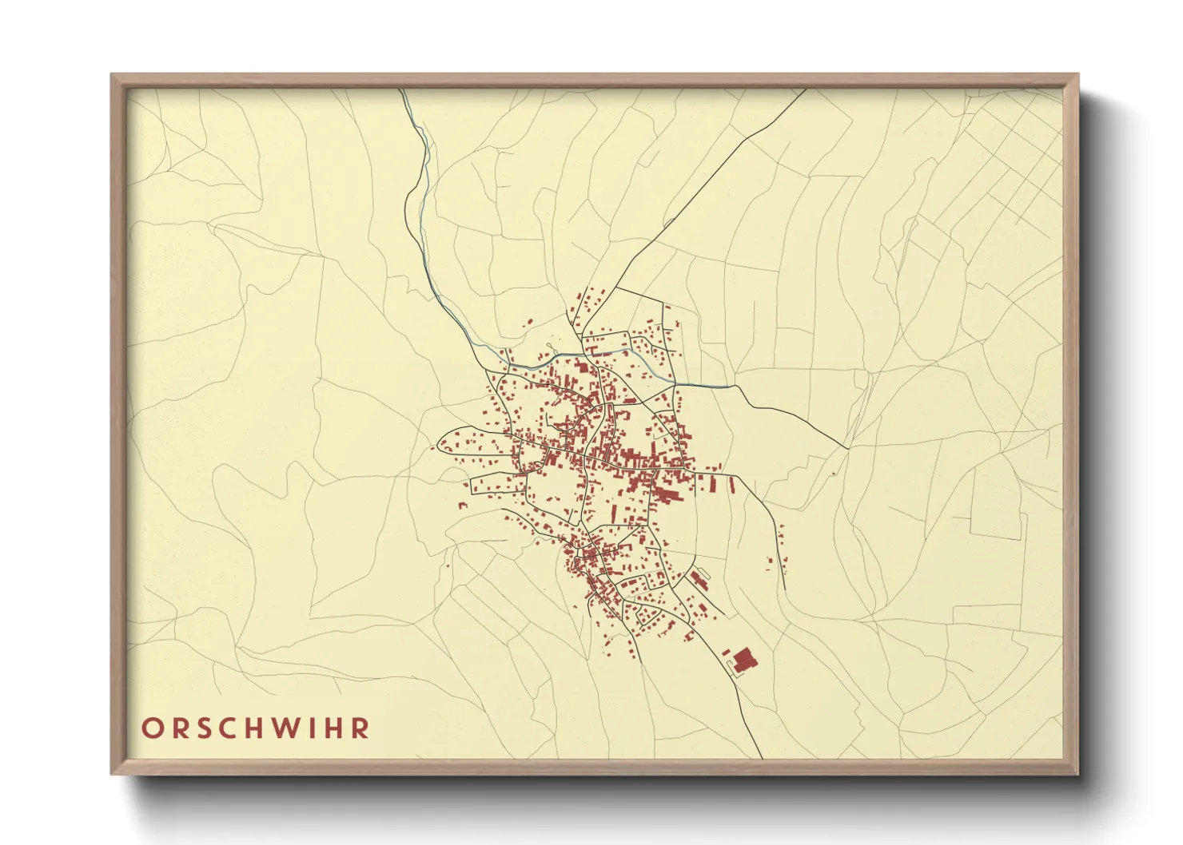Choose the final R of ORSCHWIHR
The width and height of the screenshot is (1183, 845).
click(x=362, y=728)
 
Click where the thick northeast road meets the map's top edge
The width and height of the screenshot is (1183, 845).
click(x=805, y=90)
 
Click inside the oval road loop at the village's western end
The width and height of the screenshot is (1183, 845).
click(x=472, y=441)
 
